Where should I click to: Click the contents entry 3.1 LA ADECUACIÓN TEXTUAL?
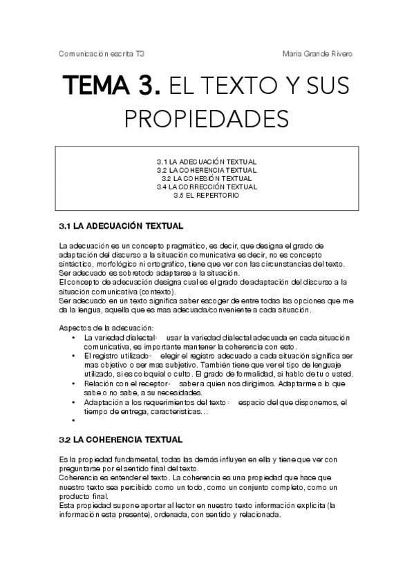pyautogui.click(x=207, y=162)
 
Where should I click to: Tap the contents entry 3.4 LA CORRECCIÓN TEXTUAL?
pyautogui.click(x=207, y=187)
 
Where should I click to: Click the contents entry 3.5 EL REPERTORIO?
pyautogui.click(x=207, y=195)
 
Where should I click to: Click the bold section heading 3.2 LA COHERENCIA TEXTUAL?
pyautogui.click(x=121, y=439)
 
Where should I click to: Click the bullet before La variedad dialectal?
pyautogui.click(x=74, y=337)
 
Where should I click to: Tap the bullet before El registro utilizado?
pyautogui.click(x=74, y=355)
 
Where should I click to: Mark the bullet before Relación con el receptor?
pyautogui.click(x=74, y=383)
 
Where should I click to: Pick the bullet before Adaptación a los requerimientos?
pyautogui.click(x=74, y=401)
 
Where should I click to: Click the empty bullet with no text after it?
pyautogui.click(x=74, y=419)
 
